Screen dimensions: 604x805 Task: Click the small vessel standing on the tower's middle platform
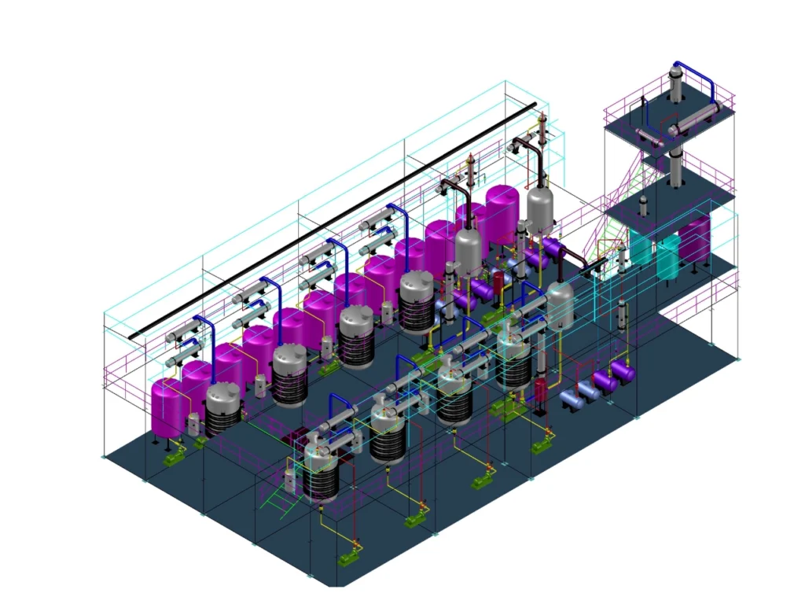pyautogui.click(x=643, y=206)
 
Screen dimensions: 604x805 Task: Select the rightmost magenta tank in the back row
pyautogui.click(x=502, y=208)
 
